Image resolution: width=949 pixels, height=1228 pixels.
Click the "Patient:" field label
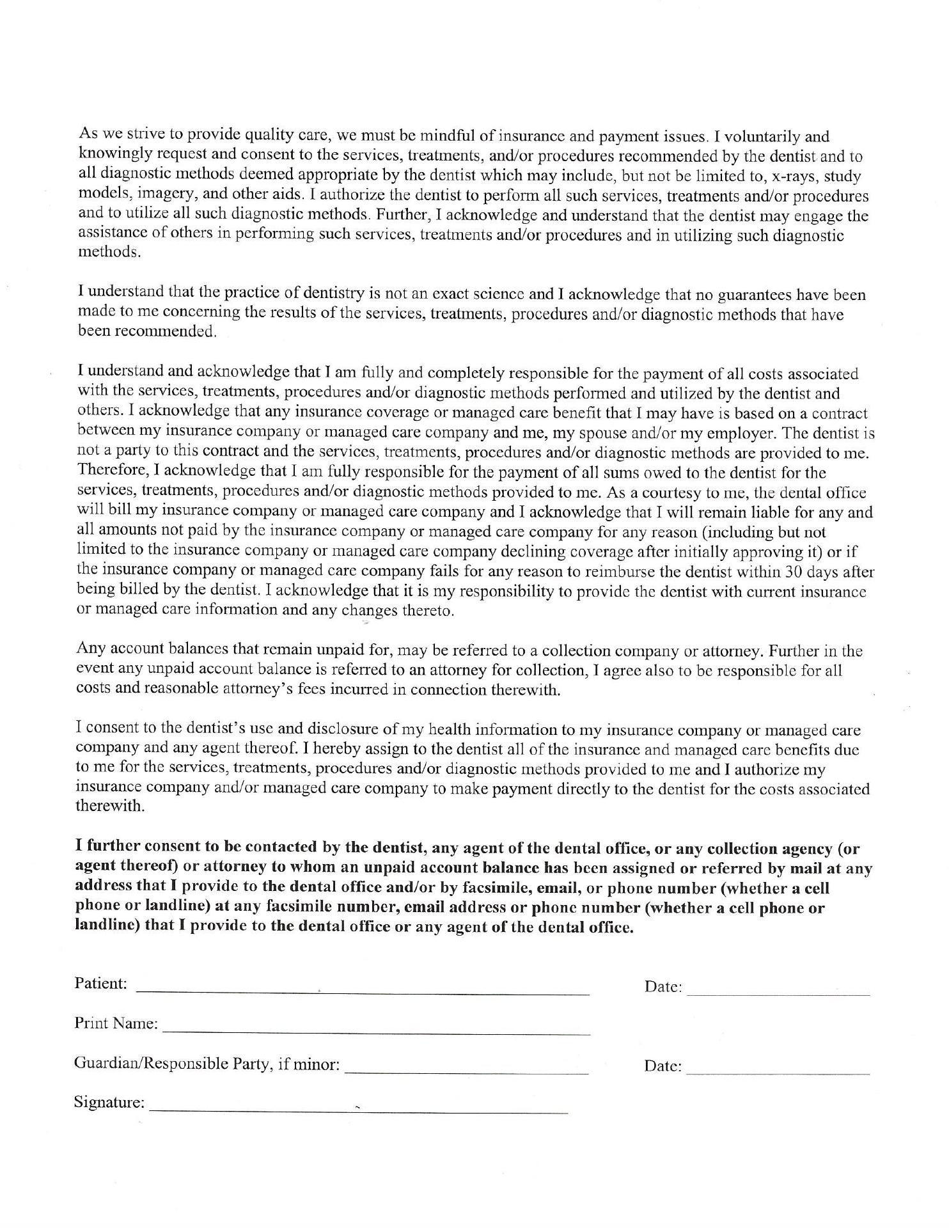(x=100, y=983)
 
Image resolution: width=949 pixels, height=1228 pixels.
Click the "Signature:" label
(x=109, y=1102)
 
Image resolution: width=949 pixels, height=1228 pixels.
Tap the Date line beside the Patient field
(x=778, y=995)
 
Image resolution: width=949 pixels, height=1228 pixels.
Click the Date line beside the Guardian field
(x=778, y=1073)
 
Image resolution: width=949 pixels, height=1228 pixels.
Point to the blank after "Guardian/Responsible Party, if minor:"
(x=466, y=1072)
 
